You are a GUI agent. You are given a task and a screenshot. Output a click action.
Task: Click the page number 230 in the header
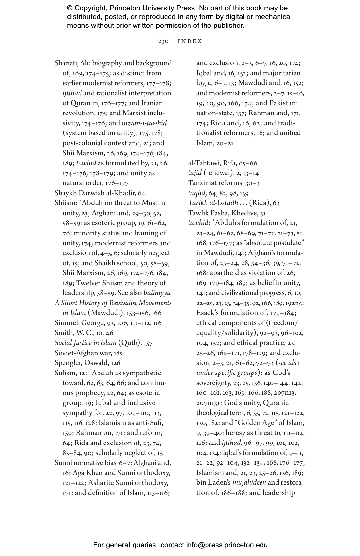pyautogui.click(x=163, y=41)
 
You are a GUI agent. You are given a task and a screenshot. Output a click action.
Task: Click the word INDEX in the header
pyautogui.click(x=190, y=41)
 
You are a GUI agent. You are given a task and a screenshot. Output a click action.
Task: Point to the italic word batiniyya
pyautogui.click(x=157, y=293)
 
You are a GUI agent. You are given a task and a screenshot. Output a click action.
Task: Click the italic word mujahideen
pyautogui.click(x=249, y=483)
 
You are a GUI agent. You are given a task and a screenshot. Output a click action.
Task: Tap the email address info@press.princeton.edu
pyautogui.click(x=227, y=545)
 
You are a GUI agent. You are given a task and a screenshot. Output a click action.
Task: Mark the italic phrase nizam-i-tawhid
pyautogui.click(x=144, y=123)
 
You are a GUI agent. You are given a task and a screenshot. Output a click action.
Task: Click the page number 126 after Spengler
pyautogui.click(x=116, y=363)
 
